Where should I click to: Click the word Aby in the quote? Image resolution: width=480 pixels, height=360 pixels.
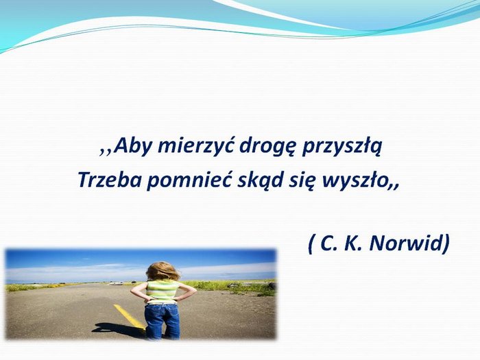point(133,147)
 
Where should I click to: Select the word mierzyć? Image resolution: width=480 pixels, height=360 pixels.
point(196,145)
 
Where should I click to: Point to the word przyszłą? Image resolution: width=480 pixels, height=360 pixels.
point(342,147)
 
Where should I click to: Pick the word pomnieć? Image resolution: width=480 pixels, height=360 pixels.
point(189,180)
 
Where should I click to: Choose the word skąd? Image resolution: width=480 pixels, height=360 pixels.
point(260,180)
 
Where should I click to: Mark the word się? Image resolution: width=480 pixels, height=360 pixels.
point(302,180)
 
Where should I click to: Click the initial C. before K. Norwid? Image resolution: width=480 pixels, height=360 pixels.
point(328,243)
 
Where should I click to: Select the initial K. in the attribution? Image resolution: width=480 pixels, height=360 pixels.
point(354,243)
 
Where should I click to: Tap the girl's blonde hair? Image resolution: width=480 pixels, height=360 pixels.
point(163,271)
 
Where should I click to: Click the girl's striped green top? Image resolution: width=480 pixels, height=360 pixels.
point(163,291)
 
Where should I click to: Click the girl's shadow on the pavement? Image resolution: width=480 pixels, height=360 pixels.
point(120,331)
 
